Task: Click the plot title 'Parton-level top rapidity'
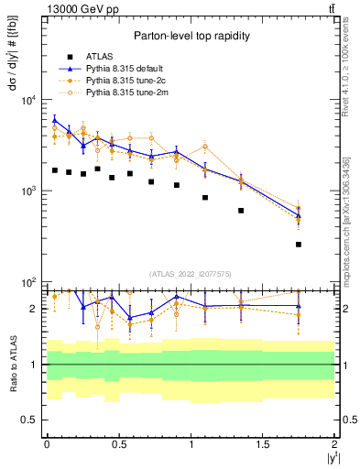(x=189, y=36)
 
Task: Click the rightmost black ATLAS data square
(x=299, y=244)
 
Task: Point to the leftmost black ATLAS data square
(x=55, y=170)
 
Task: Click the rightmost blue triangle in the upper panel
(x=299, y=216)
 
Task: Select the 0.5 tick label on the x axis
(x=118, y=444)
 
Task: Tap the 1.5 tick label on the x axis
(x=263, y=444)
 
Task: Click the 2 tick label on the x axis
(x=335, y=444)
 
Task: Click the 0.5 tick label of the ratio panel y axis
(x=30, y=420)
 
